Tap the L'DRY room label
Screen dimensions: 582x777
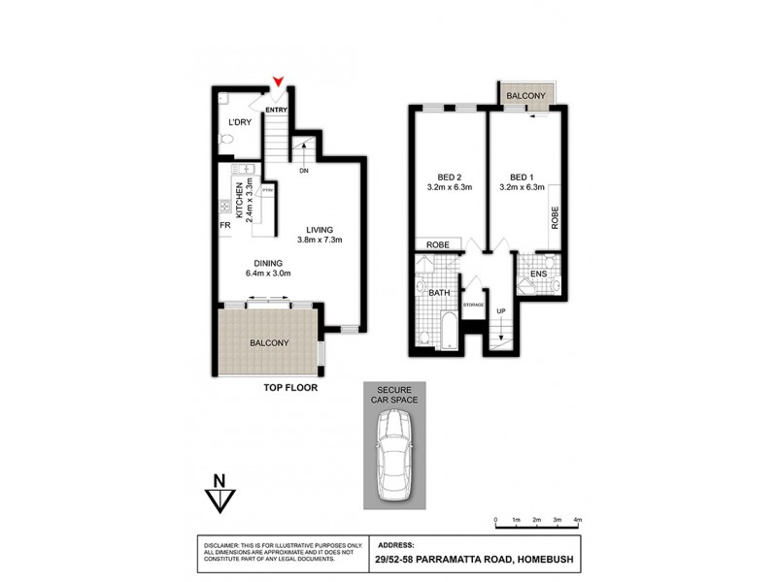(239, 122)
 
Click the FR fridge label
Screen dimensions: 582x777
(224, 225)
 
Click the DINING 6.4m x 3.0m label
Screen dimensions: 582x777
(268, 268)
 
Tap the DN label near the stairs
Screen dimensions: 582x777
(303, 171)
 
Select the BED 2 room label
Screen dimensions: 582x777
(449, 181)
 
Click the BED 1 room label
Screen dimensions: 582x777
(522, 181)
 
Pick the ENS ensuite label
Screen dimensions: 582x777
(538, 275)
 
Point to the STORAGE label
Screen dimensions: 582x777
(473, 306)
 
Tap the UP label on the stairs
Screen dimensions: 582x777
(501, 311)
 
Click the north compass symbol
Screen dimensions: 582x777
(220, 494)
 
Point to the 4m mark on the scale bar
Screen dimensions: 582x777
(578, 521)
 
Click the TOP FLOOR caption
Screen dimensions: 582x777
(291, 387)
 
